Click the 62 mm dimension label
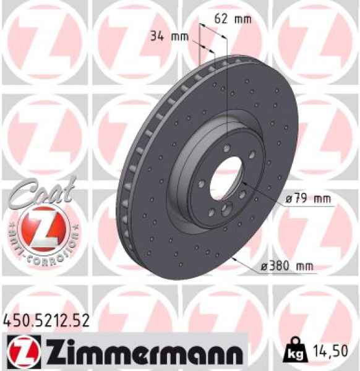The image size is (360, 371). point(233,18)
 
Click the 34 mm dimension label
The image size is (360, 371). point(169,35)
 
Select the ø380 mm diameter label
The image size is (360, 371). point(286,267)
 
